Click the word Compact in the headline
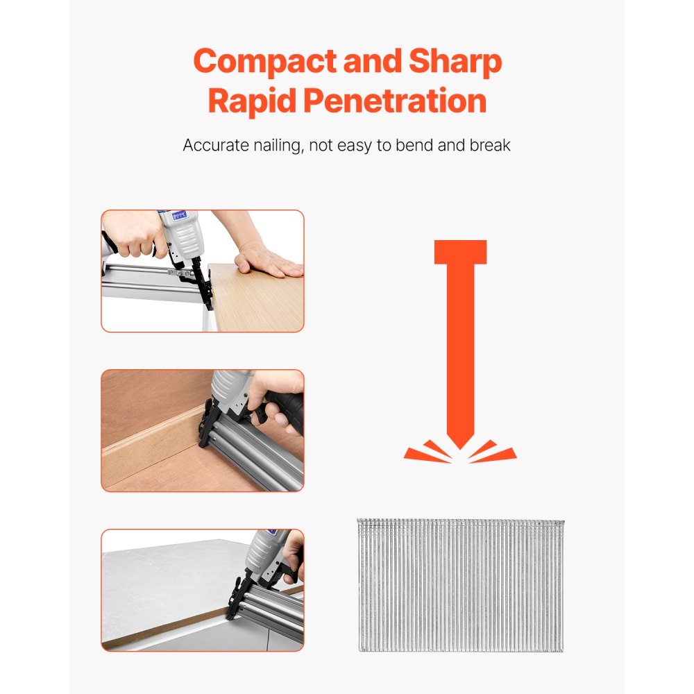pos(255,63)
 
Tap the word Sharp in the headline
pos(455,63)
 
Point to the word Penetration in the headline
pos(395,102)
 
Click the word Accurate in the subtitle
pos(214,146)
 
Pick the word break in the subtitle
pos(490,146)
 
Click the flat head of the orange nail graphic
pos(460,252)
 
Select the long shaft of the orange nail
pos(460,347)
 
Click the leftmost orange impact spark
pos(421,454)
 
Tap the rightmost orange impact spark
pos(499,454)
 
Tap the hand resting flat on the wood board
pos(267,262)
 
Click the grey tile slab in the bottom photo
pos(167,583)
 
